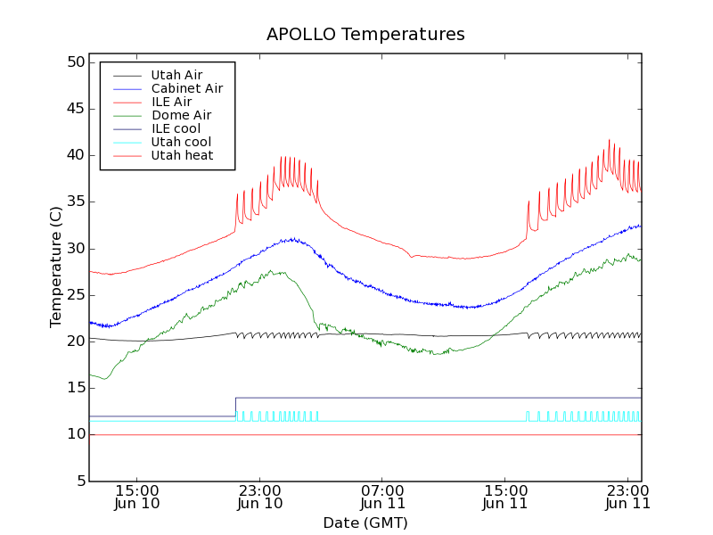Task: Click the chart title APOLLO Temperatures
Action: [365, 35]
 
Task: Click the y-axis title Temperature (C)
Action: [55, 267]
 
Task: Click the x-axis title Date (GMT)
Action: [365, 523]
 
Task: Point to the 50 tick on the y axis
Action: [75, 62]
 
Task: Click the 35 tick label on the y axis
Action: [75, 202]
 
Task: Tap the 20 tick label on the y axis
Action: [75, 342]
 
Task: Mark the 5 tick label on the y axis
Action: [79, 481]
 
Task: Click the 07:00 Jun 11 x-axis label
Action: [382, 497]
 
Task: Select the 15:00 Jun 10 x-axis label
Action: [137, 497]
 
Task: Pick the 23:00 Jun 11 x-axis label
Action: [628, 497]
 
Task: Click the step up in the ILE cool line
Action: [235, 407]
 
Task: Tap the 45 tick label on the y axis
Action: [75, 109]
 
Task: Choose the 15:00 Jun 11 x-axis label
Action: [505, 497]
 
